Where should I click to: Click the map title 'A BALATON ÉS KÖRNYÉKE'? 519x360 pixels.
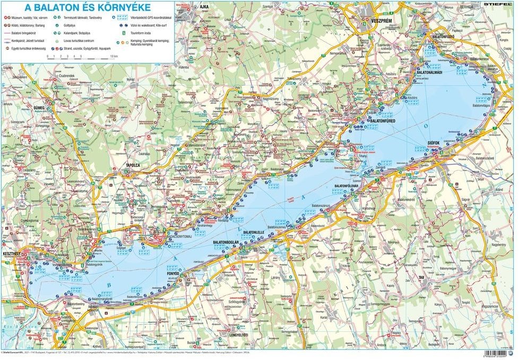tap(88, 7)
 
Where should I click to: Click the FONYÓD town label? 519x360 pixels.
tap(174, 273)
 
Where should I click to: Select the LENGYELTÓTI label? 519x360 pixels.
tap(238, 335)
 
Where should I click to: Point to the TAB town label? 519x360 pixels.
tap(422, 278)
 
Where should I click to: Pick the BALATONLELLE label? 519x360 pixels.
tap(254, 232)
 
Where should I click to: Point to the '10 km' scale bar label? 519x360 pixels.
tap(114, 55)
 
